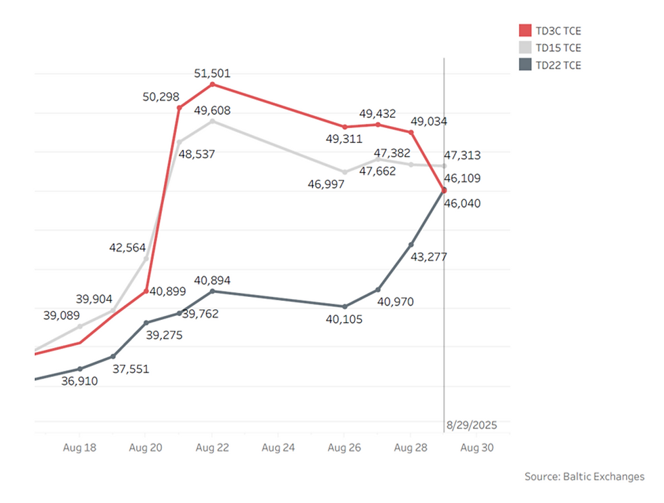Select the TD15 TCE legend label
pos(558,48)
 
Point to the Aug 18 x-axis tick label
pos(79,448)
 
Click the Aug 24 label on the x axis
pos(278,448)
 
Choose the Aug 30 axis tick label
pos(477,448)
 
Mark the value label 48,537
pos(196,154)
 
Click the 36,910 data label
pos(79,382)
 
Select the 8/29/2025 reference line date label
pos(472,425)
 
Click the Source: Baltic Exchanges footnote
pos(584,477)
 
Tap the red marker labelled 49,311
pos(344,127)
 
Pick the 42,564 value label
pos(127,247)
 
